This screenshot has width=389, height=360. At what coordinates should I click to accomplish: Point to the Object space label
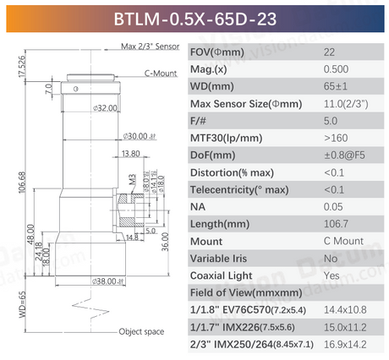tap(141, 332)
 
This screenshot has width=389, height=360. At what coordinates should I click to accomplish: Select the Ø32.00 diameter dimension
tap(105, 108)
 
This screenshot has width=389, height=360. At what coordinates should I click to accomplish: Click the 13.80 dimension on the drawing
tap(130, 153)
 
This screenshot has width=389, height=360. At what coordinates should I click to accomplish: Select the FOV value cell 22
tap(329, 52)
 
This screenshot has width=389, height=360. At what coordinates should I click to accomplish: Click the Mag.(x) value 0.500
tap(334, 69)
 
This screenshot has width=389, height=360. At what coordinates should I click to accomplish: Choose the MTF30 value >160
tap(334, 138)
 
